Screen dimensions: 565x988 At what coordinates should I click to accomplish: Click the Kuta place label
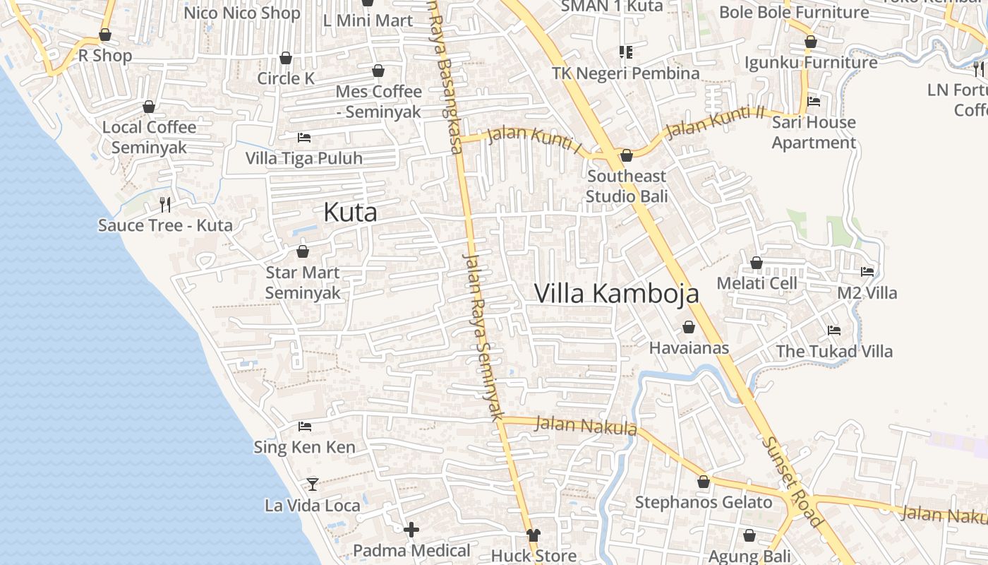(x=350, y=213)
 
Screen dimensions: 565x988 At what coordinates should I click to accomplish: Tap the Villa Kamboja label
(x=616, y=293)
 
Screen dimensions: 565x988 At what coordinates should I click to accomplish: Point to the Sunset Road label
(x=793, y=480)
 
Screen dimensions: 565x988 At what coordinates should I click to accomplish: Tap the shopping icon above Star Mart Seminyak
(x=303, y=251)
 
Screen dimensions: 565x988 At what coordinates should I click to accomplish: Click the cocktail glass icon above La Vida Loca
(x=313, y=484)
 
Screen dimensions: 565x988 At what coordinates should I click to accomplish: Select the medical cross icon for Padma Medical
(x=411, y=529)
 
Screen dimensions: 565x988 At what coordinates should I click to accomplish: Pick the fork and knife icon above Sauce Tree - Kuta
(x=165, y=205)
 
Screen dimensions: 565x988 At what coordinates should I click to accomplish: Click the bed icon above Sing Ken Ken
(x=305, y=426)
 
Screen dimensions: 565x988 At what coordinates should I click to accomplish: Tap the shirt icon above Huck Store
(x=534, y=536)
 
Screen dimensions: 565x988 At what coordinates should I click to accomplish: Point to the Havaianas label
(x=689, y=348)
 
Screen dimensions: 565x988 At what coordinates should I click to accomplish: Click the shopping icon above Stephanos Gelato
(x=704, y=482)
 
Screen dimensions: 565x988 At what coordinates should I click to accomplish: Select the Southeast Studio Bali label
(x=626, y=186)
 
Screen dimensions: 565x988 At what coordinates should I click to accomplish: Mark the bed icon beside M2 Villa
(x=867, y=271)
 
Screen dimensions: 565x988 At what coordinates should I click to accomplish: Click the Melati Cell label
(x=757, y=283)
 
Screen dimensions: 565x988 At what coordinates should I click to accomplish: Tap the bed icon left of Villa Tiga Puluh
(x=304, y=137)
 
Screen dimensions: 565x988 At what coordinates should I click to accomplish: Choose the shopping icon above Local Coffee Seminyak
(x=149, y=107)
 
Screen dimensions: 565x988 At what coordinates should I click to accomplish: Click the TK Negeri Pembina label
(x=625, y=73)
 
